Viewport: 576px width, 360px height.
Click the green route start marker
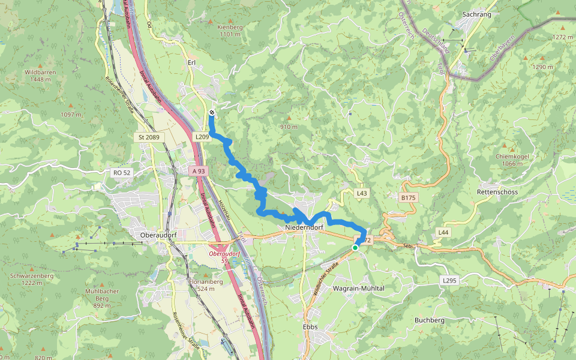coord(355,247)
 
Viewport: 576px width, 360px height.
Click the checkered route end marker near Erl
coord(212,112)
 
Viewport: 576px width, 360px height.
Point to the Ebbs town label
coord(310,327)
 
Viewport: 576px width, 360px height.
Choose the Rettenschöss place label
coord(497,191)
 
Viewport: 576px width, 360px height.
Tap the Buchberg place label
coord(430,320)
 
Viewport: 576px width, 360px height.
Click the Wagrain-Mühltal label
coord(358,288)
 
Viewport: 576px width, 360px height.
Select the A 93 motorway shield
coord(199,171)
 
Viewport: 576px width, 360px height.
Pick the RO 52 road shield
coord(121,173)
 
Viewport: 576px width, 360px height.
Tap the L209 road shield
coord(202,137)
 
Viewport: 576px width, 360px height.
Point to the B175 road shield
coord(408,197)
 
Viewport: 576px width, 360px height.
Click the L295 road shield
coord(449,280)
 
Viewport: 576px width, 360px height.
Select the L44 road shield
coord(443,232)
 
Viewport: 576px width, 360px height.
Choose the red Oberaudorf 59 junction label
coord(222,257)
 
